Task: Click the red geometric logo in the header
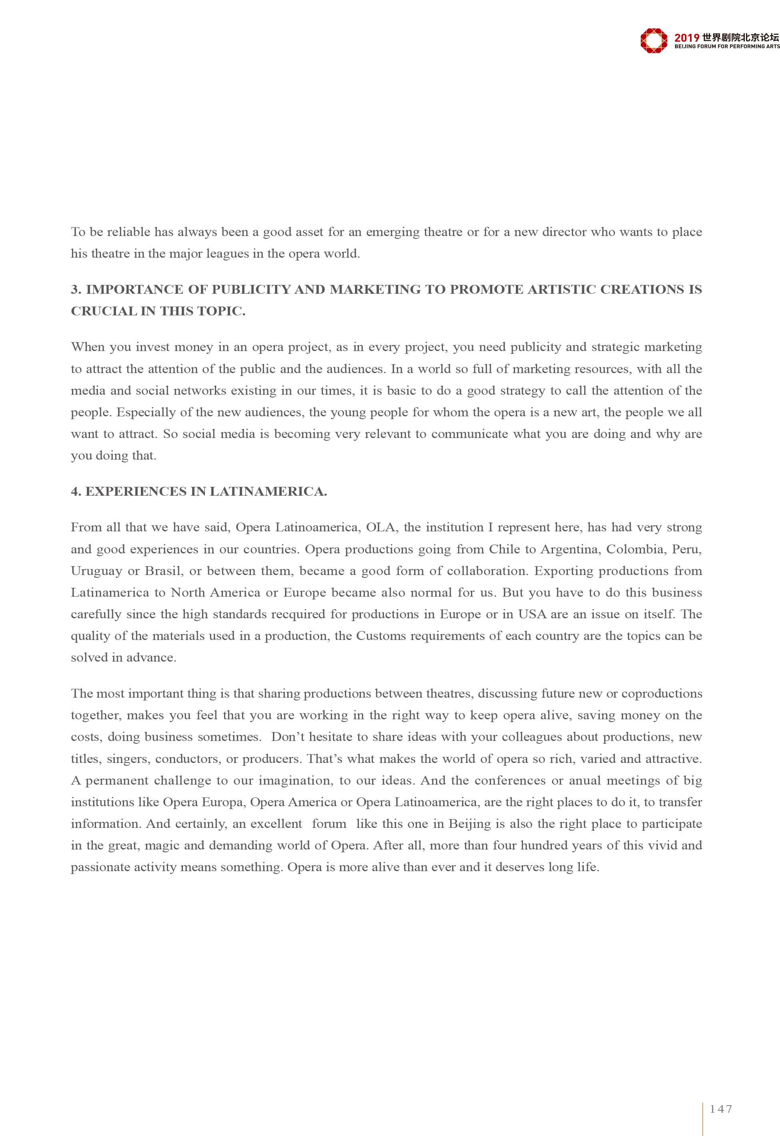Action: (654, 40)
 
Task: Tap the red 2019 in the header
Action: (687, 38)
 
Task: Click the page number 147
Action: (721, 1109)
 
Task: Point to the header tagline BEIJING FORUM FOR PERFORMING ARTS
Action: (727, 46)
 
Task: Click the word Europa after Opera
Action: (221, 802)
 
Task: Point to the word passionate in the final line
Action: (99, 868)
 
